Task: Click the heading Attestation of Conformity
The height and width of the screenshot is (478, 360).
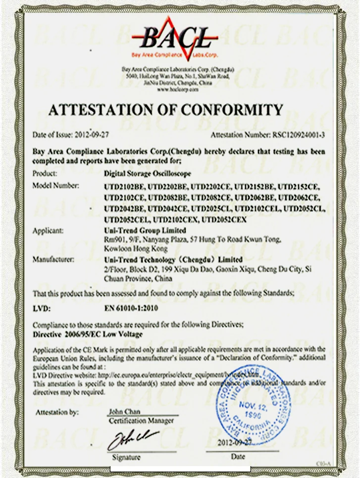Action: (x=165, y=109)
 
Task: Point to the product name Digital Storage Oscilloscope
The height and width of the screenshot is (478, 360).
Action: (x=147, y=174)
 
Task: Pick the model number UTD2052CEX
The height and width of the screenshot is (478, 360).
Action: (x=225, y=219)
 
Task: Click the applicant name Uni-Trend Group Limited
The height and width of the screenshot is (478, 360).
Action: (x=145, y=231)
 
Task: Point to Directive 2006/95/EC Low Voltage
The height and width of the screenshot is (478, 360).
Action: (x=87, y=335)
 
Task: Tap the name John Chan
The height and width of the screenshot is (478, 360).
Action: (x=124, y=412)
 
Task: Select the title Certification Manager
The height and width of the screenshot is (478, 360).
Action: (x=141, y=421)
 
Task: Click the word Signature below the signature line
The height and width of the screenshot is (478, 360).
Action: (x=126, y=457)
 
